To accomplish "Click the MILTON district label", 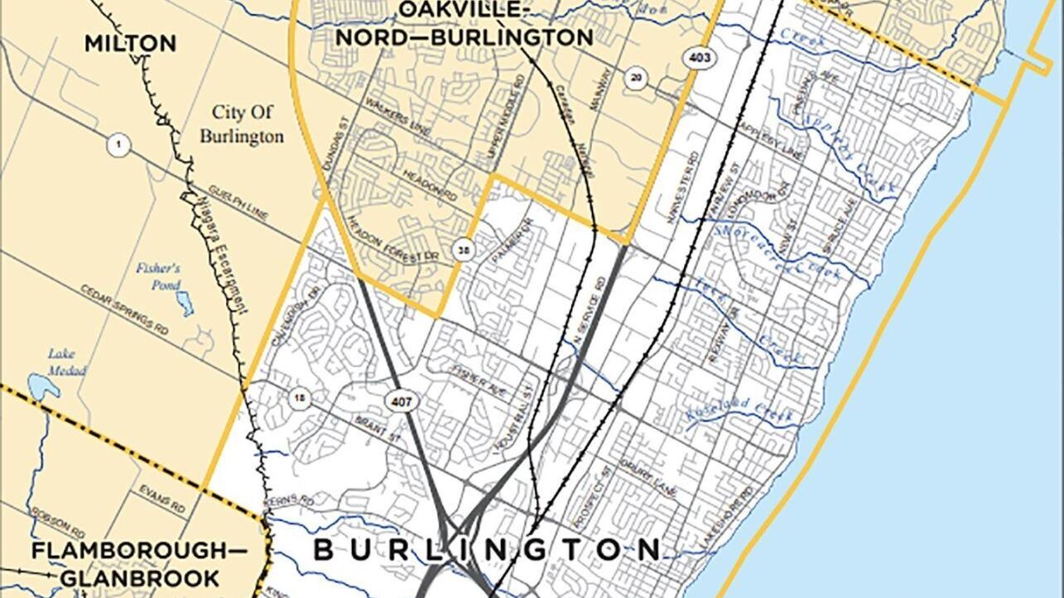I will (x=131, y=43).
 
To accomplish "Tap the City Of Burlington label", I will (x=247, y=124).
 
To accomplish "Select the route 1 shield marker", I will (x=118, y=146).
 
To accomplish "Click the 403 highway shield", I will (x=694, y=57).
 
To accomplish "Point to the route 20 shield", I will (x=635, y=78).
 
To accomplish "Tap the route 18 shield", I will (x=300, y=399).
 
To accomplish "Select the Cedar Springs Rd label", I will (x=124, y=309).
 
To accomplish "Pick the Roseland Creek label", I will (x=739, y=410).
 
